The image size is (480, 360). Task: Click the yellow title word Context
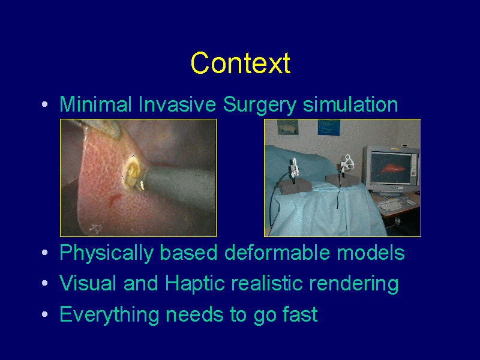click(241, 63)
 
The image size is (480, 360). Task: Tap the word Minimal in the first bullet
click(95, 104)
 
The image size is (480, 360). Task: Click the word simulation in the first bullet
click(350, 104)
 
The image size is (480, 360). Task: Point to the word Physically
click(106, 253)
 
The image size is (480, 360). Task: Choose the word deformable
click(277, 253)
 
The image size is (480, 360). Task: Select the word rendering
click(353, 284)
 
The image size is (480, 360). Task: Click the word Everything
click(109, 315)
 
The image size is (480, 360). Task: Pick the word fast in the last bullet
click(300, 314)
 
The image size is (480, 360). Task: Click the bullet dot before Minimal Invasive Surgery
click(44, 104)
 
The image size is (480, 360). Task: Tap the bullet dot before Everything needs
click(44, 314)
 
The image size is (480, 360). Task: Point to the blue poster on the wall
click(329, 127)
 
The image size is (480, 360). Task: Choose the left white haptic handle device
click(294, 167)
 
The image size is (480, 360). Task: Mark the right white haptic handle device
click(347, 164)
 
